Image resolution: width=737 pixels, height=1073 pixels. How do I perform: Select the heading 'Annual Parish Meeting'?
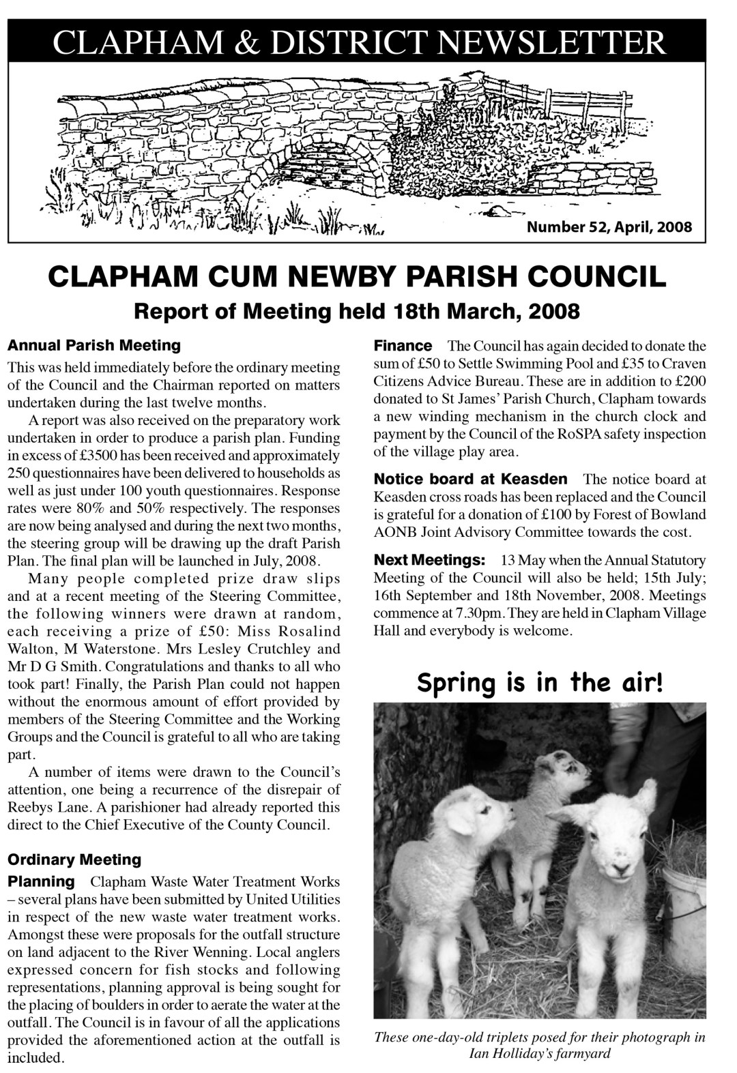coord(94,345)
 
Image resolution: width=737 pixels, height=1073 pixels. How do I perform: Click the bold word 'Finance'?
coord(403,346)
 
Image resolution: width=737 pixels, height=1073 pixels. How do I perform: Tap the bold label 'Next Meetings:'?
coord(429,560)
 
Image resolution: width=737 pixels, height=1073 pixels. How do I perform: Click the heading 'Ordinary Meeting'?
coord(74,859)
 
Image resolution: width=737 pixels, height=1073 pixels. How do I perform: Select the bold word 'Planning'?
coord(41,881)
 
